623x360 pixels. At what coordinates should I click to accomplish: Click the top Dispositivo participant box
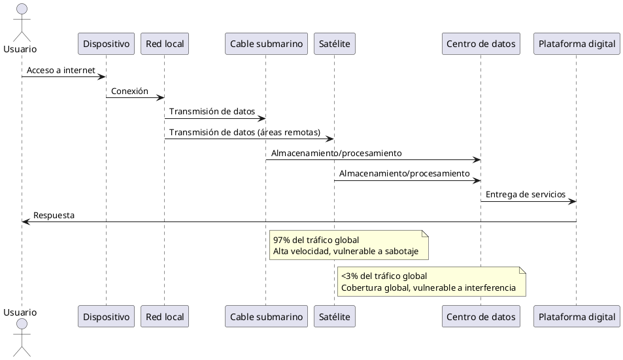click(106, 44)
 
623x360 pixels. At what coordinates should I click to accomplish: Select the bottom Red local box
click(165, 317)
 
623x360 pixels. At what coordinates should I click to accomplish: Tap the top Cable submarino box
click(266, 44)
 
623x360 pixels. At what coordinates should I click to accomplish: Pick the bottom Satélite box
click(334, 317)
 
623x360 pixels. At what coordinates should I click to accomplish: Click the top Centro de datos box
click(480, 44)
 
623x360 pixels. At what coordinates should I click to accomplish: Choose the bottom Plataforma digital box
click(576, 317)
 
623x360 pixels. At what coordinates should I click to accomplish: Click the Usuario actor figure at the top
click(22, 23)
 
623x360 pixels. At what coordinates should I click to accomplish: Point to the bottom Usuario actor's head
click(22, 325)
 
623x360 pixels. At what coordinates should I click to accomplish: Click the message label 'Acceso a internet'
click(61, 71)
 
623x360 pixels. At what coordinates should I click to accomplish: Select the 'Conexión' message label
click(129, 91)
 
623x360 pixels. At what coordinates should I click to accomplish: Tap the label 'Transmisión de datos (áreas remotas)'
click(244, 133)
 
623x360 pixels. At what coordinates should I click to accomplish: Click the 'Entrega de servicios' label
click(525, 195)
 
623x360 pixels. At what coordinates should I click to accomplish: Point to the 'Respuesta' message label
click(54, 216)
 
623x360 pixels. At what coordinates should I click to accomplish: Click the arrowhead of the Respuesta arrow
click(25, 222)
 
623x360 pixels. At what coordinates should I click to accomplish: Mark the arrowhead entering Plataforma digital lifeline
click(572, 201)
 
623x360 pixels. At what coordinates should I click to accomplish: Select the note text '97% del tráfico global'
click(316, 240)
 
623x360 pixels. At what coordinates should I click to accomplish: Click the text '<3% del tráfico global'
click(384, 276)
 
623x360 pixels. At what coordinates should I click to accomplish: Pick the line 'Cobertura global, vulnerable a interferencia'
click(428, 288)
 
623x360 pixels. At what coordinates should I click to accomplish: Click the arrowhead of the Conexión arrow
click(161, 98)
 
